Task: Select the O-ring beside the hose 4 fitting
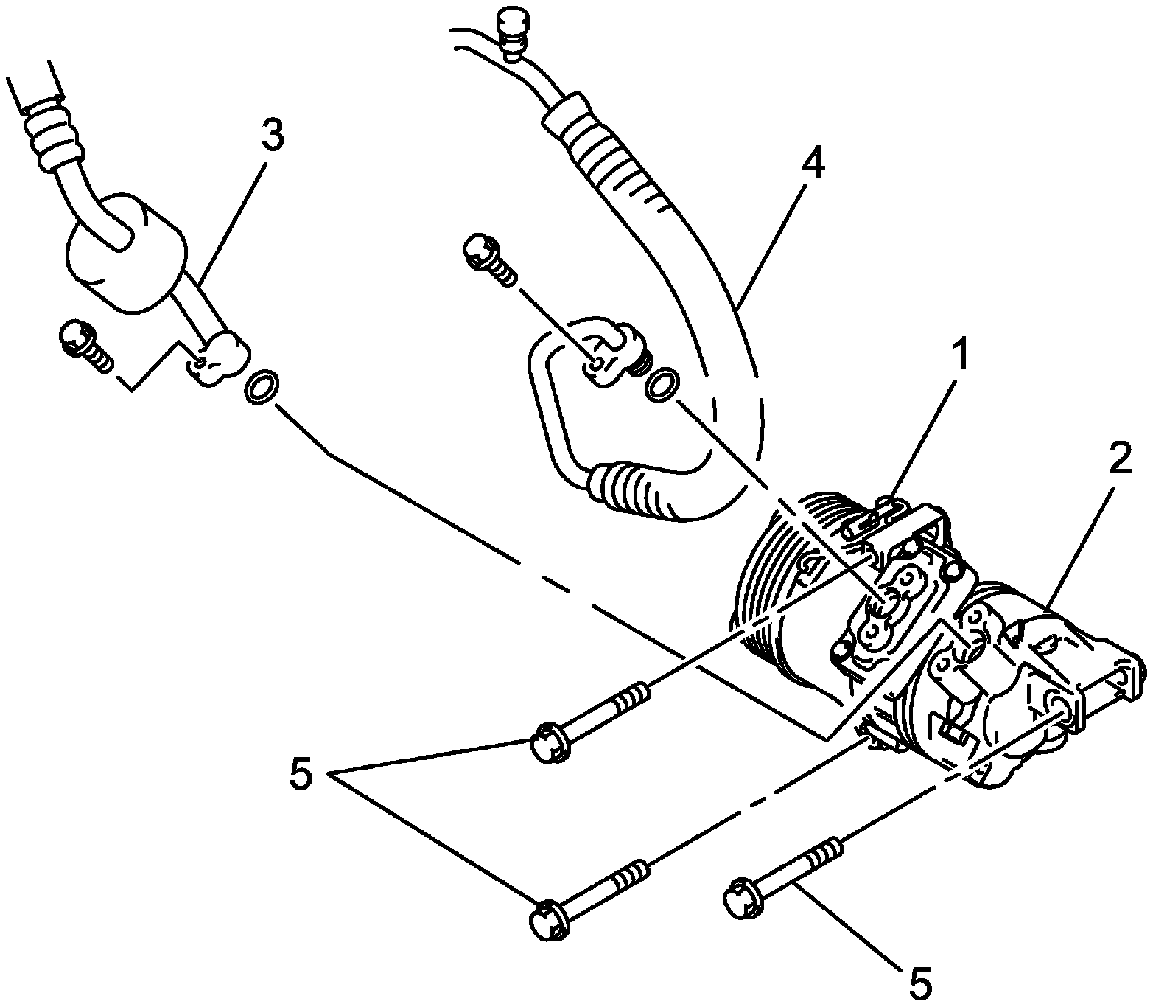[x=662, y=385]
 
